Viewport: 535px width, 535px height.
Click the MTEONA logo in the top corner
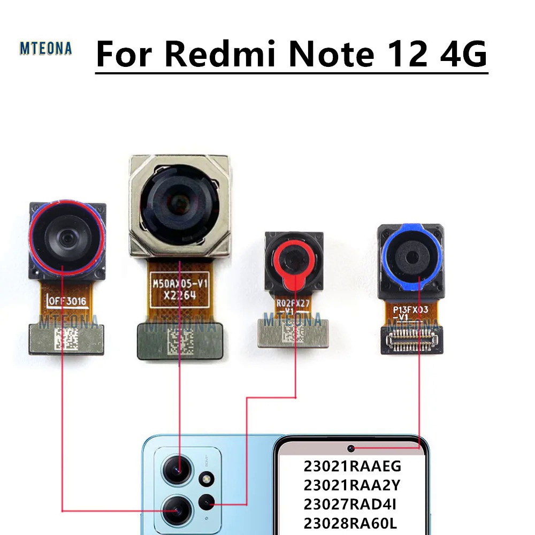[45, 48]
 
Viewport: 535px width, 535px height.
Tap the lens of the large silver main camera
[179, 201]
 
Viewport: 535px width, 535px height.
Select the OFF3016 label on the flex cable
[68, 301]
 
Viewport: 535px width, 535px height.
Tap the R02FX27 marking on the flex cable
[293, 303]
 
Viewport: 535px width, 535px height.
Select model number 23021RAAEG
[351, 467]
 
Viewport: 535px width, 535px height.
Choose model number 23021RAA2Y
[351, 485]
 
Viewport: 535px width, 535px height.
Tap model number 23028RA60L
[351, 523]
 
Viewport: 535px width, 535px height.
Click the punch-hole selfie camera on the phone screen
[351, 448]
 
